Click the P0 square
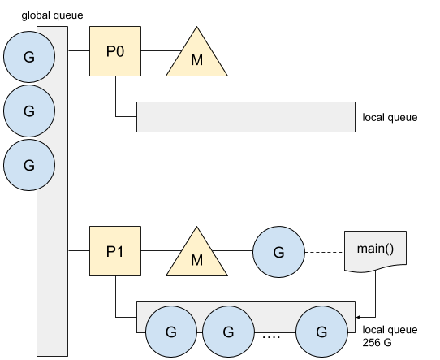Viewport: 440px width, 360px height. tap(115, 51)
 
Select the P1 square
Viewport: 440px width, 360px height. tap(115, 251)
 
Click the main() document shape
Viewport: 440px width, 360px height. tap(375, 251)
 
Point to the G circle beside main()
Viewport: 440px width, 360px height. tap(278, 252)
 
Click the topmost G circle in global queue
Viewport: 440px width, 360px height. tap(29, 57)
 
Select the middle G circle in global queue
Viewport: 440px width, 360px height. tap(29, 111)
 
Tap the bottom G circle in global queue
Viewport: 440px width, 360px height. tap(29, 165)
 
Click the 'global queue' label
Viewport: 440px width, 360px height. tap(52, 15)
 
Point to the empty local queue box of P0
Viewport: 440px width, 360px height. tap(246, 117)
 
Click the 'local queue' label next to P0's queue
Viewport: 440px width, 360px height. tap(390, 117)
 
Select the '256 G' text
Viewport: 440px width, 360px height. tap(377, 343)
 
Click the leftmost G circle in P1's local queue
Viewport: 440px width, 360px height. tap(171, 332)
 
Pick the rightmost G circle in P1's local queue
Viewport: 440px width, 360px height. tap(321, 332)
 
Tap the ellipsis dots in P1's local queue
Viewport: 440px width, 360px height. tap(271, 336)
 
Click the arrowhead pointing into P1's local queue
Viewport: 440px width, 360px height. tap(358, 317)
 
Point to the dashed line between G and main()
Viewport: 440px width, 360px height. tap(324, 252)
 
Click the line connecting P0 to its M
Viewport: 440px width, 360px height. tap(162, 51)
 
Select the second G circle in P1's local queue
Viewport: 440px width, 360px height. tap(228, 332)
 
